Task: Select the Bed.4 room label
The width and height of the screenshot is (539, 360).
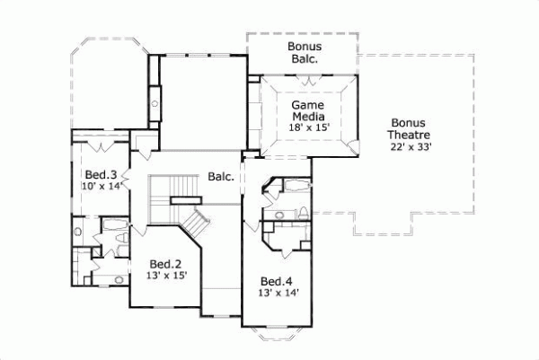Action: pos(276,279)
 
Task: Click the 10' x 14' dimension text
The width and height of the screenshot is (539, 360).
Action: pos(99,187)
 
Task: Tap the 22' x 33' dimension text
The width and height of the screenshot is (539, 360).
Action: pos(412,147)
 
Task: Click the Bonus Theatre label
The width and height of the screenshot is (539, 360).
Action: pos(412,129)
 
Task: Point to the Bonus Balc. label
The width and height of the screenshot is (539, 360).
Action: pos(305,52)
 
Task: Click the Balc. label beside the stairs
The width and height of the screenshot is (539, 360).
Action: pos(221,177)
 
